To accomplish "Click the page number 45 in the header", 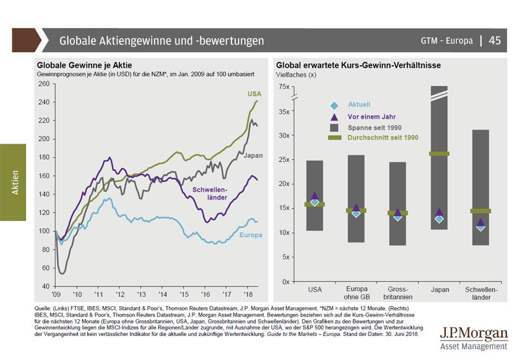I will [x=495, y=41].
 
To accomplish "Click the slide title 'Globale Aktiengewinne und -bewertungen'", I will [x=162, y=41].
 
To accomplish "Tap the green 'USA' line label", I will [x=254, y=94].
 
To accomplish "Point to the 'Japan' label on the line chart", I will [x=253, y=155].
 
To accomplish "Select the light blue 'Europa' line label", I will [x=250, y=235].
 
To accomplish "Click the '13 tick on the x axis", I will [x=141, y=293].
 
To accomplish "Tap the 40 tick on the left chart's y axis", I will [x=47, y=286].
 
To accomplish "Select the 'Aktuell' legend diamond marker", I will [x=334, y=105].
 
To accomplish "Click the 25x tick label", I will [x=285, y=160].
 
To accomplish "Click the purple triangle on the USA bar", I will [x=315, y=196].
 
